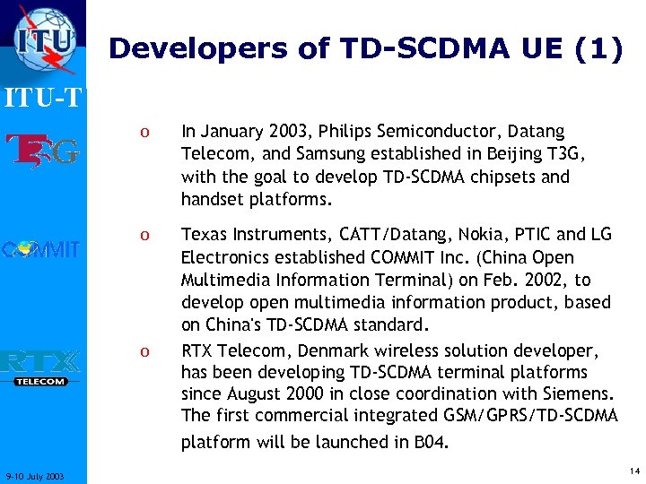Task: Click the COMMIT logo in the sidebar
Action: click(x=41, y=248)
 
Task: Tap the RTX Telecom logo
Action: click(x=41, y=367)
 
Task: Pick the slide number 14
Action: click(x=634, y=471)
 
